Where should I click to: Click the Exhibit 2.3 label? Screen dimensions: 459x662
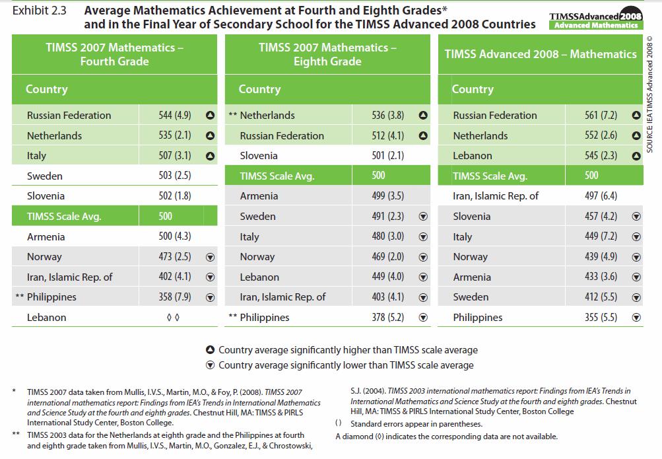tap(39, 11)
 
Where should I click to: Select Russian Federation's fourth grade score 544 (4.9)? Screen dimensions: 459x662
tap(175, 115)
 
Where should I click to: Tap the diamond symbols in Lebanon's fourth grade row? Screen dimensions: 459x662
tap(174, 318)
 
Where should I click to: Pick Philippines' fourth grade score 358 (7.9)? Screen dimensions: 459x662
tap(175, 297)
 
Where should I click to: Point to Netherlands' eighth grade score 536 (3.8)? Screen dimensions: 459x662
tap(388, 115)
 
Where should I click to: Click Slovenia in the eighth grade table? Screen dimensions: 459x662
tap(259, 156)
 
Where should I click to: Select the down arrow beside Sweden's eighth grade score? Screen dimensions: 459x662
tap(424, 217)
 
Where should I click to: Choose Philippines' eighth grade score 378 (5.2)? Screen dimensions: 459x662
tap(388, 318)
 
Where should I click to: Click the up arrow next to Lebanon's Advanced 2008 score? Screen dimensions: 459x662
tap(636, 156)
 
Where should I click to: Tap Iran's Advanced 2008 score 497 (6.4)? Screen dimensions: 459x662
tap(601, 195)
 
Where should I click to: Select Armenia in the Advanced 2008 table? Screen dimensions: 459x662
tap(472, 277)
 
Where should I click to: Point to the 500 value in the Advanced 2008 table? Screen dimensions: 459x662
tap(591, 175)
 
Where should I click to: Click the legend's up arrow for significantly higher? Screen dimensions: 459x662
tap(210, 350)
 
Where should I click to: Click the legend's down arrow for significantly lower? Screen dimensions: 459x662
tap(210, 365)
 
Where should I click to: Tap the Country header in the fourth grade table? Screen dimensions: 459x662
tap(47, 89)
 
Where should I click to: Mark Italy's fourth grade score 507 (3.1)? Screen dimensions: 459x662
tap(175, 156)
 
